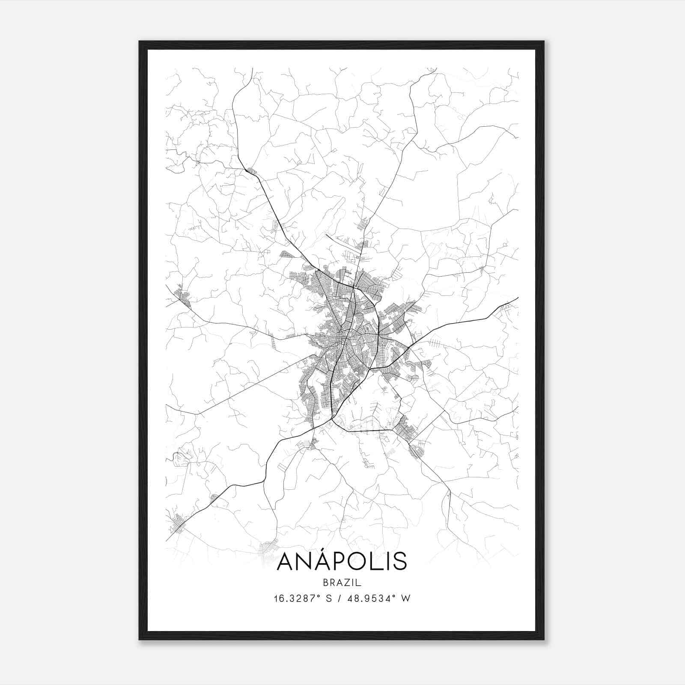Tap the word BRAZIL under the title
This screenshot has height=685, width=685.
pyautogui.click(x=342, y=582)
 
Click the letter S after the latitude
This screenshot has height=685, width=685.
pyautogui.click(x=329, y=599)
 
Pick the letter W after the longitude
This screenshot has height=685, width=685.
pyautogui.click(x=406, y=599)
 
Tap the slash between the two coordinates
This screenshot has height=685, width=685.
pyautogui.click(x=340, y=599)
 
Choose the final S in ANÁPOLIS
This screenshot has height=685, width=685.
pyautogui.click(x=399, y=562)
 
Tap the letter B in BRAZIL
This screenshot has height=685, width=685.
pyautogui.click(x=326, y=582)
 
